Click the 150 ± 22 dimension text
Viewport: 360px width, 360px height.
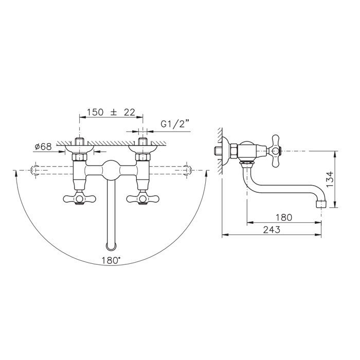[x=111, y=112]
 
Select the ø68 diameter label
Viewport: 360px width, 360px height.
[x=43, y=147]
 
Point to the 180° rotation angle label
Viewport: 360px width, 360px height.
[x=111, y=260]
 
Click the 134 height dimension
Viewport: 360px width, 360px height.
[x=330, y=179]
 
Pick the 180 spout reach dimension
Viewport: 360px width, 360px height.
[x=284, y=217]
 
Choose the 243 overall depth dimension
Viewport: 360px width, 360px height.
[x=272, y=229]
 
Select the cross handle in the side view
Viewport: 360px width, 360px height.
[x=275, y=151]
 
